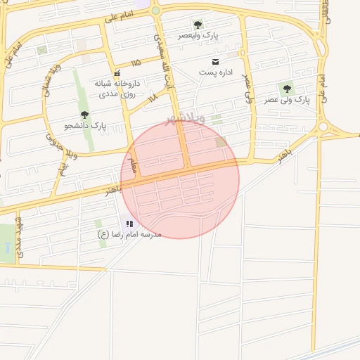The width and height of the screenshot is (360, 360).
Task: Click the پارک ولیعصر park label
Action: tap(198, 35)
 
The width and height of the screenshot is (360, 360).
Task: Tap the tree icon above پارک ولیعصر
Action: tap(198, 25)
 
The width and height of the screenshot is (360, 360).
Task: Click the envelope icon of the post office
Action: tap(215, 62)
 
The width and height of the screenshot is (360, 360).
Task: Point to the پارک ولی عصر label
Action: tap(287, 100)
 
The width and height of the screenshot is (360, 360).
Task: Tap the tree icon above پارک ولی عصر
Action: tap(286, 89)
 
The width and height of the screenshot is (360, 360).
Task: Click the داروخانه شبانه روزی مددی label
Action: tap(117, 88)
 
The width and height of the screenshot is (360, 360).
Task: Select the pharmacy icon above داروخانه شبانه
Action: tap(117, 72)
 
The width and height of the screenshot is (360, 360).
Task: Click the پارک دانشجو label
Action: tap(85, 126)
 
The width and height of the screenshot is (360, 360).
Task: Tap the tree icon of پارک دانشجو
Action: tap(85, 115)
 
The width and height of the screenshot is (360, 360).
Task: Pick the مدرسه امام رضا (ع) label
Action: tap(129, 234)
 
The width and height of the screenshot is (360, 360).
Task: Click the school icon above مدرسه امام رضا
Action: tap(130, 224)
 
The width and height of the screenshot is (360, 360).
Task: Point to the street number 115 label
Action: tap(135, 63)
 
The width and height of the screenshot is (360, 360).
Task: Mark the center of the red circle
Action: tap(180, 179)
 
